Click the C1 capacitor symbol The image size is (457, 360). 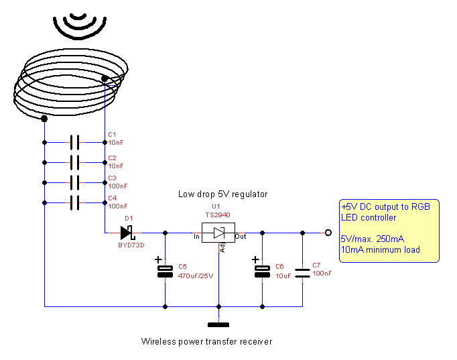click(74, 142)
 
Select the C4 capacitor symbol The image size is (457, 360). click(74, 202)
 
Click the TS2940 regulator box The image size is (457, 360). click(218, 233)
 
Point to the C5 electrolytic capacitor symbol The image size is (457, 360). click(166, 271)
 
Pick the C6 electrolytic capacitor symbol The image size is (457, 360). click(262, 271)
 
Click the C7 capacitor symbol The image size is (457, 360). click(303, 271)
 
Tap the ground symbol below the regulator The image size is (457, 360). click(218, 325)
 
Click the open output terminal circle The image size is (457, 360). click(328, 233)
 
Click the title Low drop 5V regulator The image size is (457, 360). click(222, 194)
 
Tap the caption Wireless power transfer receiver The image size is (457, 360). click(206, 341)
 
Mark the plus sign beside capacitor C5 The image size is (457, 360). click(158, 260)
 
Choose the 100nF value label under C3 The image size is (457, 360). click(117, 186)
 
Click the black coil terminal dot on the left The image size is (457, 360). click(44, 119)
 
